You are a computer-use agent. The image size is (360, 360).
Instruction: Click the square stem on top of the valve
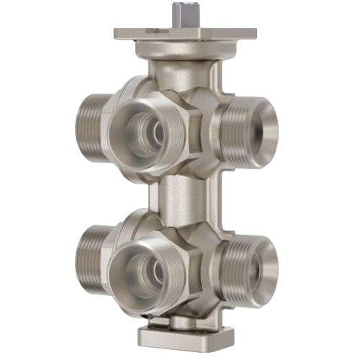click(x=179, y=14)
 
